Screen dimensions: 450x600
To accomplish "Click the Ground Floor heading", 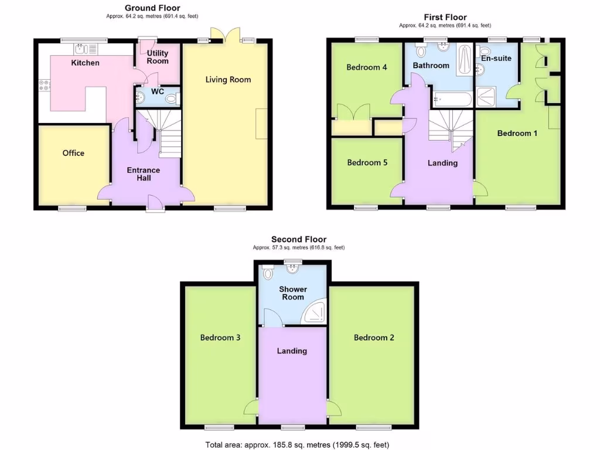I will pyautogui.click(x=152, y=8).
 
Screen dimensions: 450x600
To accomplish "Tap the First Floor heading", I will pyautogui.click(x=445, y=18).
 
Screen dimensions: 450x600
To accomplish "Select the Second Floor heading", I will pyautogui.click(x=299, y=239).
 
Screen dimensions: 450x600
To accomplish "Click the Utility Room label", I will pyautogui.click(x=158, y=57).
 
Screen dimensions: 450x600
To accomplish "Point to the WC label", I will pyautogui.click(x=158, y=92).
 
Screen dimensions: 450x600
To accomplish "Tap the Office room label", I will pyautogui.click(x=73, y=153).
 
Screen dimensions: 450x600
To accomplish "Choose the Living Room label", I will pyautogui.click(x=228, y=80).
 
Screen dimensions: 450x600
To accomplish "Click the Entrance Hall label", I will pyautogui.click(x=144, y=174).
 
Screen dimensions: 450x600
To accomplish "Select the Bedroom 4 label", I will pyautogui.click(x=367, y=67).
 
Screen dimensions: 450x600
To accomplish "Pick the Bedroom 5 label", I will pyautogui.click(x=367, y=162).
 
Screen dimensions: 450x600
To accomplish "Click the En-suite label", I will pyautogui.click(x=496, y=58).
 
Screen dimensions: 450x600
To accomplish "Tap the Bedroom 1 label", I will pyautogui.click(x=517, y=133).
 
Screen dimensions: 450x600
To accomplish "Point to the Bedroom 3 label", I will pyautogui.click(x=220, y=337).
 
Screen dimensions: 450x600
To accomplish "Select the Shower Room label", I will pyautogui.click(x=293, y=293).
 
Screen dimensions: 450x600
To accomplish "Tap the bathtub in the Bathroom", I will pyautogui.click(x=452, y=100).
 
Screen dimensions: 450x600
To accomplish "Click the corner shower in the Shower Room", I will pyautogui.click(x=314, y=313).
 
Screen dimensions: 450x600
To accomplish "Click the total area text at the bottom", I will pyautogui.click(x=297, y=445).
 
